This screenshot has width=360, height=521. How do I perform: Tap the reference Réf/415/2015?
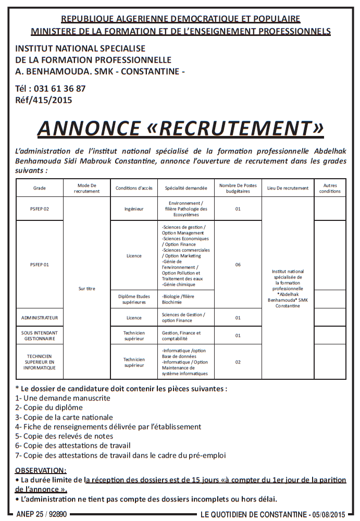[x=44, y=100]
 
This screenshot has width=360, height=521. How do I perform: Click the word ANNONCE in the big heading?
[x=89, y=128]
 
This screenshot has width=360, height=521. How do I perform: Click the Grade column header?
[x=39, y=188]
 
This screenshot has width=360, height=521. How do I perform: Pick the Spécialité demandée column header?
[x=186, y=188]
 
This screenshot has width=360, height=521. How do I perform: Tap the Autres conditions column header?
[x=330, y=188]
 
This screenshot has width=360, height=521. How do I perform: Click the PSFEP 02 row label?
[x=39, y=209]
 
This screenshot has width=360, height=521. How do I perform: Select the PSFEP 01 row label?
[x=39, y=265]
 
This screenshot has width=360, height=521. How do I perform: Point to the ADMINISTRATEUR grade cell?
[x=39, y=317]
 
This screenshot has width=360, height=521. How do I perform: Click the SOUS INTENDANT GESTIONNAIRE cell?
[x=39, y=335]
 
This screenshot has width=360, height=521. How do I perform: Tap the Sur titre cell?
[x=87, y=288]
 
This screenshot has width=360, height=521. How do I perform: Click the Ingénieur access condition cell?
[x=134, y=209]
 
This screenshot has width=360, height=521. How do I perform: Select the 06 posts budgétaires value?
[x=238, y=265]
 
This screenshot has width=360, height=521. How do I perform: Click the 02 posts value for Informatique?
[x=238, y=362]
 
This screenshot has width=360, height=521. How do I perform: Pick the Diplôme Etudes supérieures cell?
[x=134, y=299]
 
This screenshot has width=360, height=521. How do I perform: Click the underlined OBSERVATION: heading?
[x=41, y=470]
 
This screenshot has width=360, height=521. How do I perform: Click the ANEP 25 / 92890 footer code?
[x=42, y=514]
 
